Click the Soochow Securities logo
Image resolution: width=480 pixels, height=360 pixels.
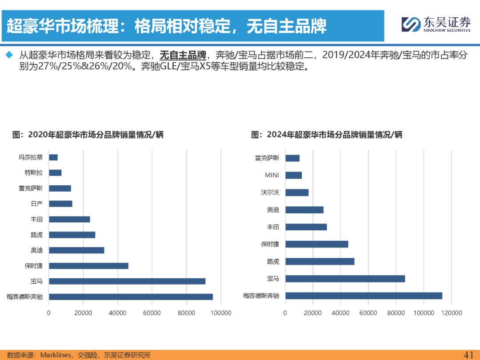[x=436, y=24]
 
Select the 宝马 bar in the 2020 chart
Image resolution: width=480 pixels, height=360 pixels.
[x=127, y=281]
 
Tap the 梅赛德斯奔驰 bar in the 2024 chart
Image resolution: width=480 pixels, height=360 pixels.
[x=364, y=296]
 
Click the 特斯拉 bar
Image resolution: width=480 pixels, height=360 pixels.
[x=55, y=172]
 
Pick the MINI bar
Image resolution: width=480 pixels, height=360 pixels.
[x=293, y=175]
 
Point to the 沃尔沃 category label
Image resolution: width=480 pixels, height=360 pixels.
[x=270, y=192]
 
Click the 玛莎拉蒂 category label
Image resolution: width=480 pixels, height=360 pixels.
[x=31, y=157]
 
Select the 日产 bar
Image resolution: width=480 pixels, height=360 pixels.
[x=60, y=204]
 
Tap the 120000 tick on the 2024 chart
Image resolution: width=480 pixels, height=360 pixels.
[x=452, y=313]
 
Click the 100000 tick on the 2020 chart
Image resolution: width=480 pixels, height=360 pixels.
[x=221, y=313]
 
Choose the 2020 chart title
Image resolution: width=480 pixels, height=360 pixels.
[x=88, y=134]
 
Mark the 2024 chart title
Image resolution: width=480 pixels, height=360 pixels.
[x=327, y=134]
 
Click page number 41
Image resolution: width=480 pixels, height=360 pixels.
[x=468, y=354]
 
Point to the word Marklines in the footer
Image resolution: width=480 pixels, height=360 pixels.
[x=56, y=355]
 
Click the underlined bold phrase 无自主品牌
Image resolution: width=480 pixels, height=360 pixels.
[x=183, y=56]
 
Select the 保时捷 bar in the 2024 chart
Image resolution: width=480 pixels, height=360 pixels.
[x=316, y=244]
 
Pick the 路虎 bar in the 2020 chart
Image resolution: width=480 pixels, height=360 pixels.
[x=72, y=235]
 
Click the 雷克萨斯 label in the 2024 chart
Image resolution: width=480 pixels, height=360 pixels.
[x=267, y=158]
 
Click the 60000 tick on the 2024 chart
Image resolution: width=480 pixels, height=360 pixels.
[x=368, y=313]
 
